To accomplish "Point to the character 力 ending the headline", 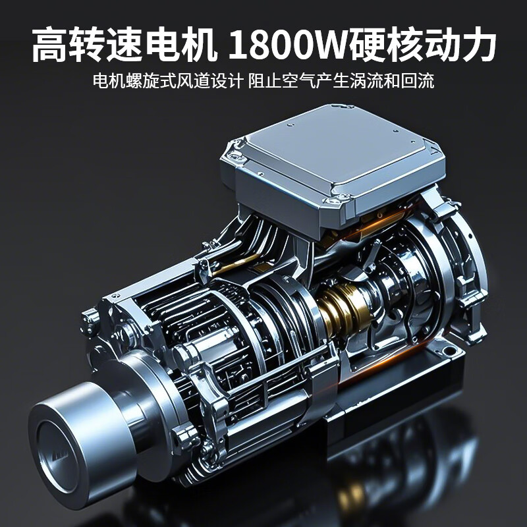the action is tap(476, 45).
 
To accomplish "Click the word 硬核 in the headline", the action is tap(384, 45).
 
